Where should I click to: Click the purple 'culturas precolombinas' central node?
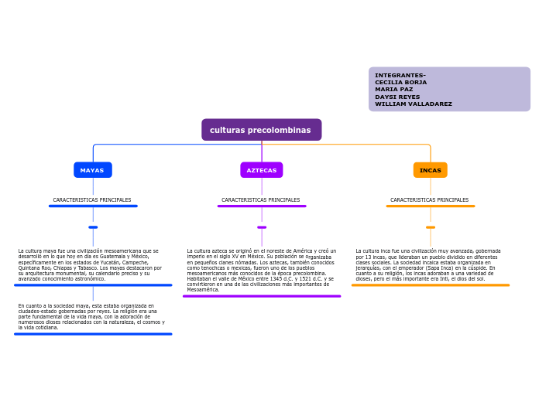(261, 130)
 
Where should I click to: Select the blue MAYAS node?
(92, 170)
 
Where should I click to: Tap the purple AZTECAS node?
(261, 170)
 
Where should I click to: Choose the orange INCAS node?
(430, 170)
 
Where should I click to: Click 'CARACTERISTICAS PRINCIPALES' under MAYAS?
(92, 200)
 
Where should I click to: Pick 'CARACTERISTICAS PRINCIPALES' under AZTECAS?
(261, 200)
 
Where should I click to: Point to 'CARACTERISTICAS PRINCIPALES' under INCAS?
(430, 200)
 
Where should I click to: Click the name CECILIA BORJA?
(400, 82)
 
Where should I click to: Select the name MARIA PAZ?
(394, 90)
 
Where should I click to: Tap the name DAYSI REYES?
(397, 97)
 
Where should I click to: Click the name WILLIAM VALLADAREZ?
(413, 104)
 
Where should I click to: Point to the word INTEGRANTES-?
(400, 75)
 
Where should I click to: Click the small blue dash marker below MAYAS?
(93, 227)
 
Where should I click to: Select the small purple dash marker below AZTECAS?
(262, 227)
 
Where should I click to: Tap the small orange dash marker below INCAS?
(431, 227)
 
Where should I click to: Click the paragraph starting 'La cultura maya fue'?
(90, 264)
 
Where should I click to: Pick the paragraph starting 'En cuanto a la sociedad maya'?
(91, 316)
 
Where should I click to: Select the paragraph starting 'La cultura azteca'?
(261, 270)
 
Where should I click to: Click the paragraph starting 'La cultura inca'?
(428, 264)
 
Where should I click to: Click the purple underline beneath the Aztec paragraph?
(262, 296)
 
